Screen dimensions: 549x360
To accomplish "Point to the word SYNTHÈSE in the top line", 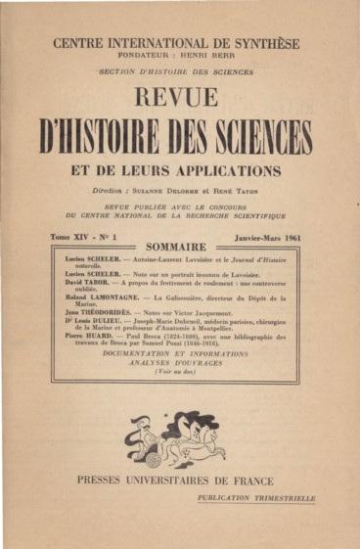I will pyautogui.click(x=263, y=43).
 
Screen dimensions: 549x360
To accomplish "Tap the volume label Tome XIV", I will pyautogui.click(x=69, y=237).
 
